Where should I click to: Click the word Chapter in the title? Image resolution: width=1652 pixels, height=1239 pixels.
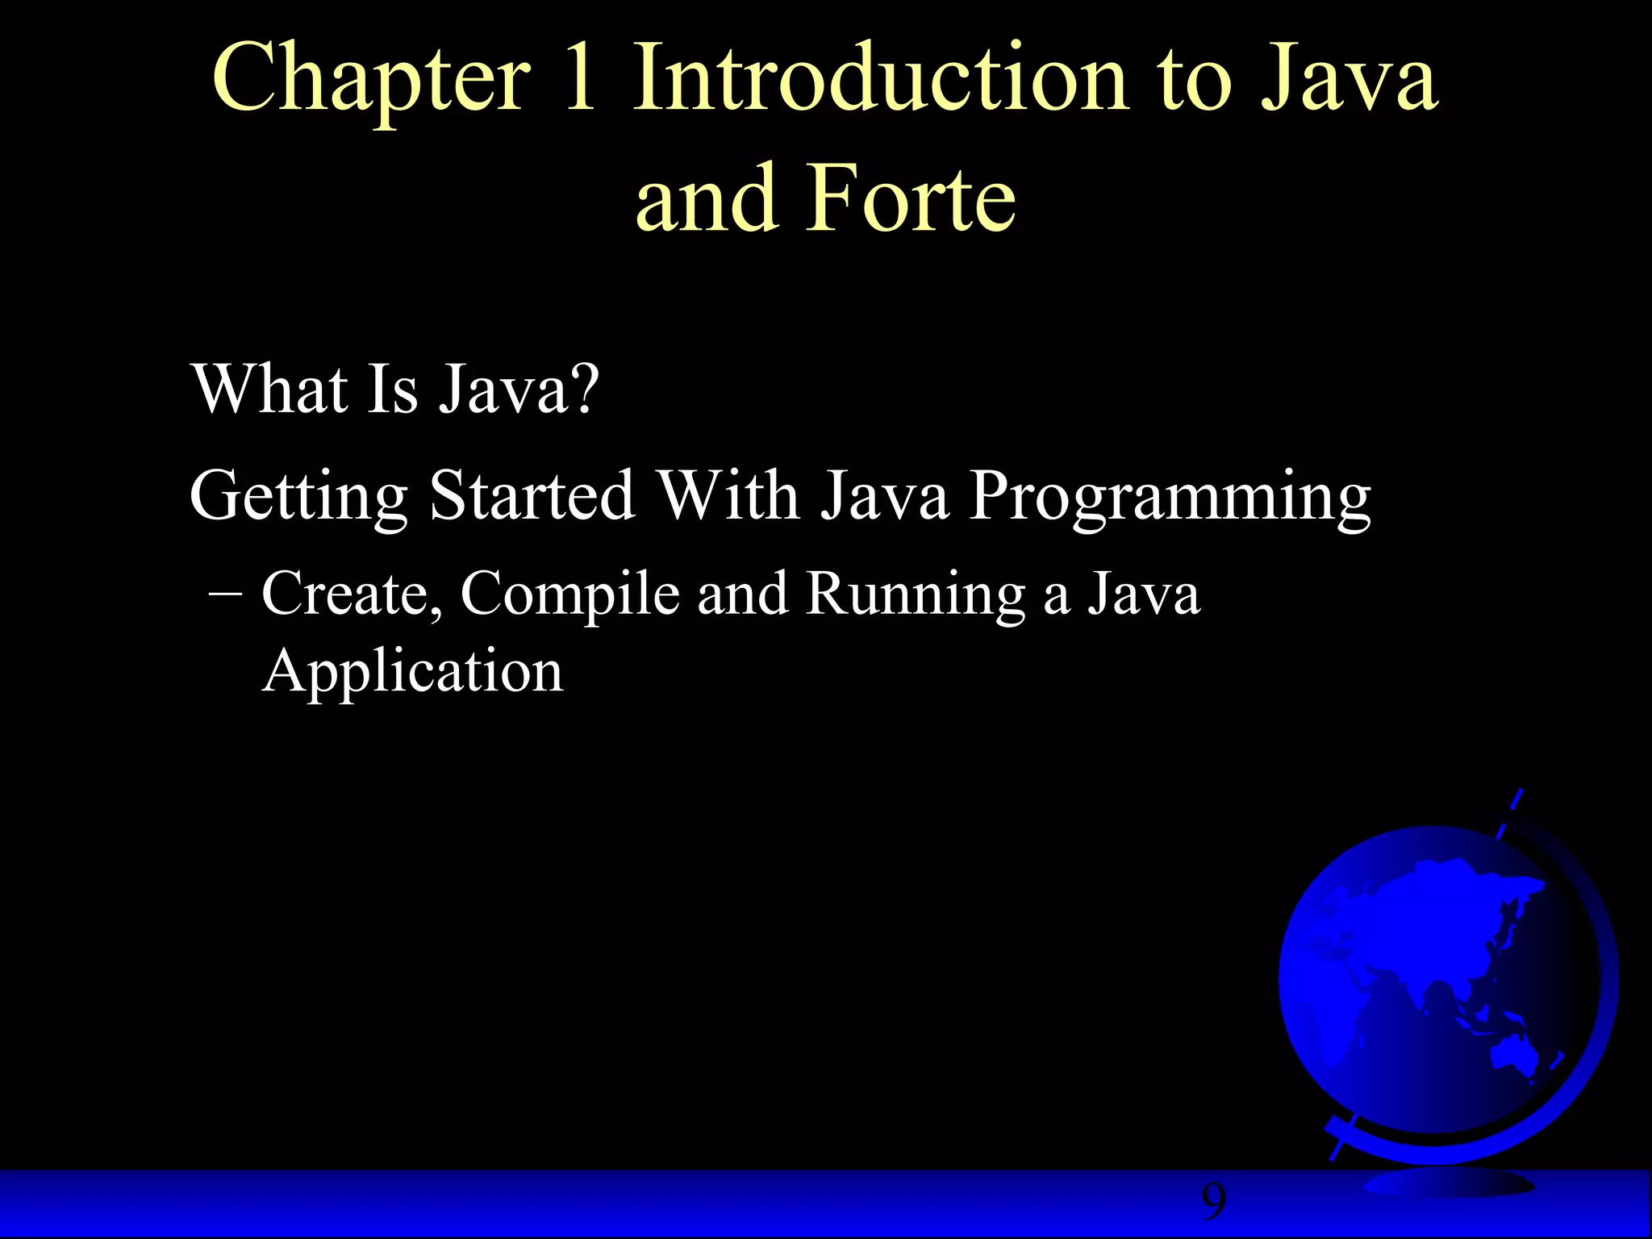(372, 81)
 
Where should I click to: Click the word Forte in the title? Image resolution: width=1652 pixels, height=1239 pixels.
(911, 198)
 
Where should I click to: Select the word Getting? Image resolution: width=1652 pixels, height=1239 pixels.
(298, 497)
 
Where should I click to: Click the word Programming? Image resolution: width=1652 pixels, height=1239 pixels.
(1169, 497)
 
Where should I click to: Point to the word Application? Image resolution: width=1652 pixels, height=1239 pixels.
(412, 671)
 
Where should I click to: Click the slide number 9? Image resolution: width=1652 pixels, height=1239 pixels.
(1213, 1203)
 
